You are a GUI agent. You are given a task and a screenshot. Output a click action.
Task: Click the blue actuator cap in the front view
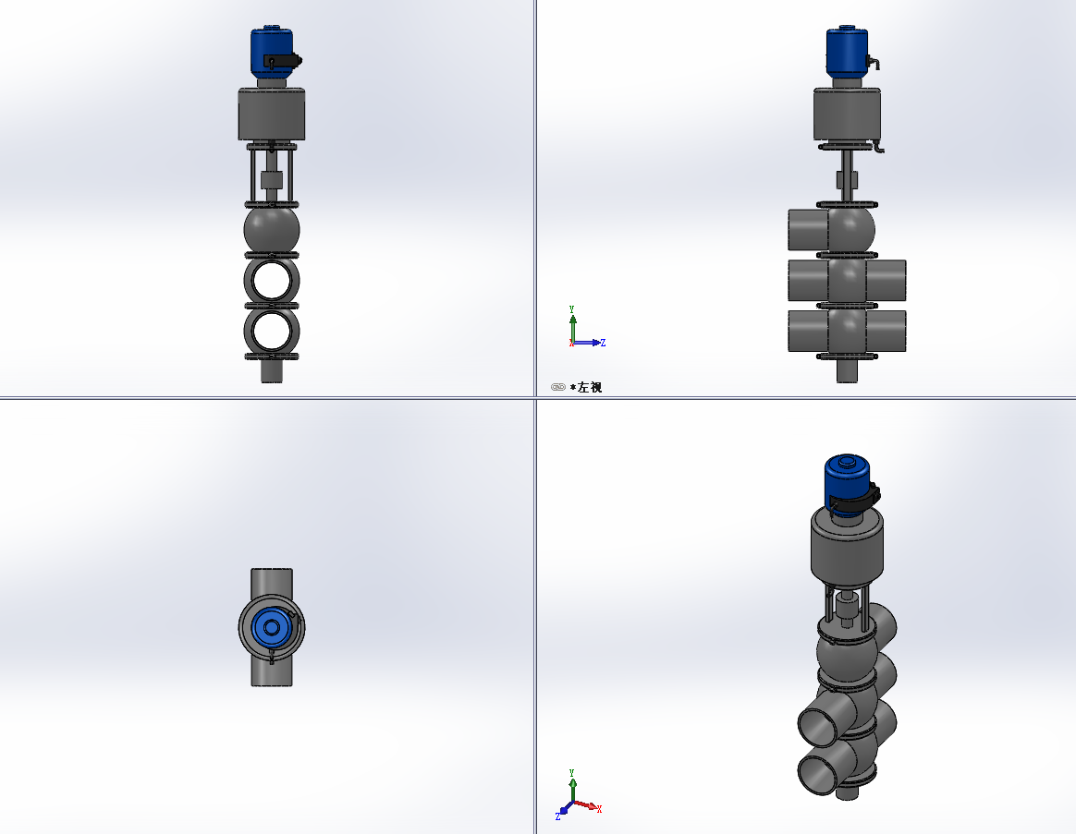271,52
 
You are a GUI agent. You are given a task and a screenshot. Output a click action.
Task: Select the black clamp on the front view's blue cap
282,61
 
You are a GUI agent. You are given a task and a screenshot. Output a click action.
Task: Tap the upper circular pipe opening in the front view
272,281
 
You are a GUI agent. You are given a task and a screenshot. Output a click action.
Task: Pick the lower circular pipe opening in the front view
272,331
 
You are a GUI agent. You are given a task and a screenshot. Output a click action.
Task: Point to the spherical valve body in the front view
272,230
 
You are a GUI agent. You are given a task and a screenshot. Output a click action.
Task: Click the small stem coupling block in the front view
272,180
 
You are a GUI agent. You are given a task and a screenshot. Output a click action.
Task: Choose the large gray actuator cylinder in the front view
272,114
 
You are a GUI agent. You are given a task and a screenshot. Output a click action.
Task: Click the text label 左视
590,388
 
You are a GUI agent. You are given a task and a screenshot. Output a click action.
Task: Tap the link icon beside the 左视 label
558,388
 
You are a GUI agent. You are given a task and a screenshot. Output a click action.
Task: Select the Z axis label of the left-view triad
604,343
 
